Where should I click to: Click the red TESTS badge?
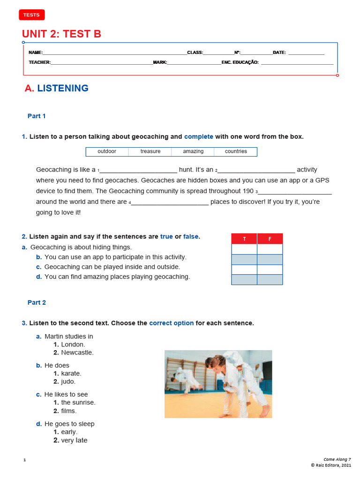tap(32, 15)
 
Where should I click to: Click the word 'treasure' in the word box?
tap(150, 151)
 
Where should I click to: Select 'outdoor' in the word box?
tap(107, 151)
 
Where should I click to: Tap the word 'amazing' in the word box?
tap(193, 151)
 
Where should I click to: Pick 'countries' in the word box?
tap(236, 151)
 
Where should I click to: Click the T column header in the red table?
tap(244, 239)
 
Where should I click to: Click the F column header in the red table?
tap(270, 239)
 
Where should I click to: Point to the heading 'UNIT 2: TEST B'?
tap(61, 34)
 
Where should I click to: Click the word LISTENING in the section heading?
tap(63, 88)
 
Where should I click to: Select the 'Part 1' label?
tap(37, 116)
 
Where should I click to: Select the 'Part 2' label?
tap(37, 303)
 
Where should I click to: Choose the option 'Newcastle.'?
tap(77, 352)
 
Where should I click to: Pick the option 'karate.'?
tap(71, 374)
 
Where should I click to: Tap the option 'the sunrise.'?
tap(78, 403)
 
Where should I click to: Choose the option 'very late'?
tap(74, 441)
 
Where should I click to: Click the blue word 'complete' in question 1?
tap(198, 137)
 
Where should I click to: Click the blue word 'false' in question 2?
tap(191, 237)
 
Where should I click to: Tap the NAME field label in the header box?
tap(36, 52)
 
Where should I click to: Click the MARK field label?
tap(160, 62)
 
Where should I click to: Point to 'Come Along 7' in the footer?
tap(337, 459)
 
